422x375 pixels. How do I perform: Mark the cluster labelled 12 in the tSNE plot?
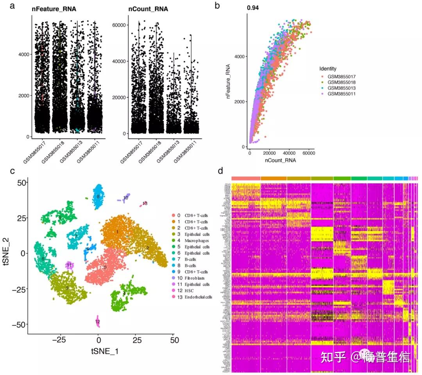click(98, 322)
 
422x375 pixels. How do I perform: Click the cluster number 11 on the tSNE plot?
click(69, 266)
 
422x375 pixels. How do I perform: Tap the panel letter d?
click(221, 171)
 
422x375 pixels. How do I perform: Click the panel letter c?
click(13, 171)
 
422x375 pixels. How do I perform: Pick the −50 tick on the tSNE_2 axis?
click(19, 324)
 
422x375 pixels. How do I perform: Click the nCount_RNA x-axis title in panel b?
click(280, 160)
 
